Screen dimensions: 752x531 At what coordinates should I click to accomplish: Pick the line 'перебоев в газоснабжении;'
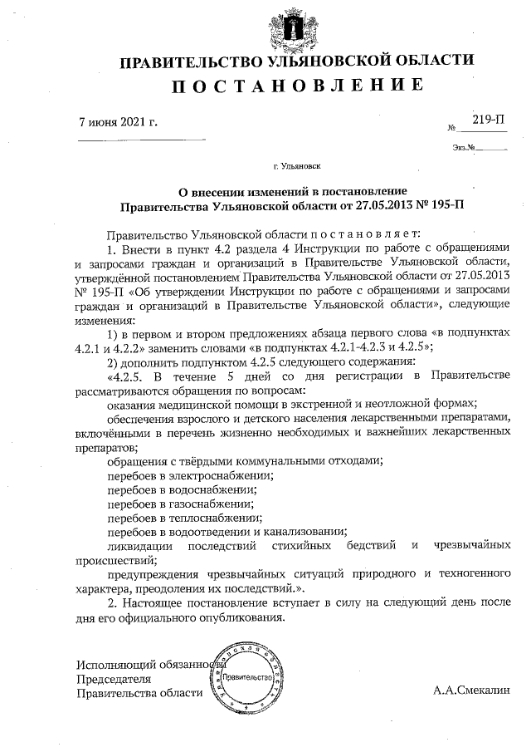pyautogui.click(x=181, y=503)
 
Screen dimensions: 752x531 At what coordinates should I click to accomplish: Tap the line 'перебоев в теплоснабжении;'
pyautogui.click(x=183, y=517)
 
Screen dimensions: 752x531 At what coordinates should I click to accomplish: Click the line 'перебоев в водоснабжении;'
pyautogui.click(x=183, y=489)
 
